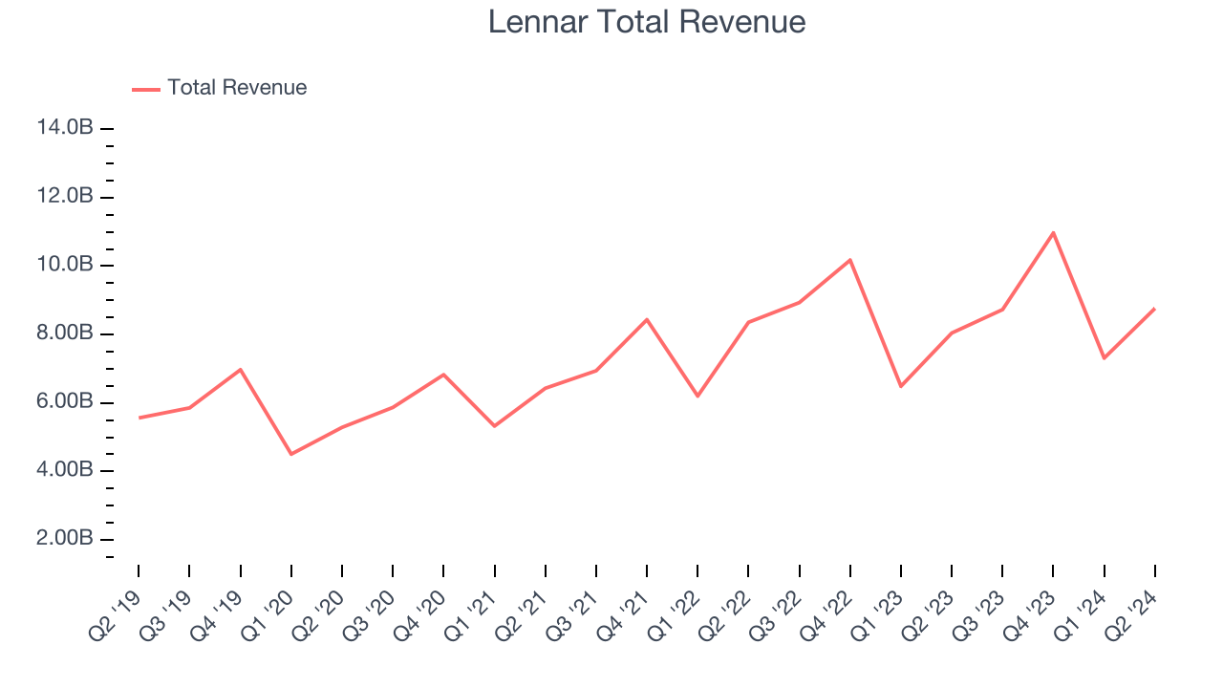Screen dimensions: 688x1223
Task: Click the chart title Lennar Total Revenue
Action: click(x=647, y=22)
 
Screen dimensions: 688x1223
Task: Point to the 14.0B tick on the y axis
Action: click(x=65, y=128)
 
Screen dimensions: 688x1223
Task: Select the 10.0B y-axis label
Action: click(x=65, y=265)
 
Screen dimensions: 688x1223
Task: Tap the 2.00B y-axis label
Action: click(x=65, y=539)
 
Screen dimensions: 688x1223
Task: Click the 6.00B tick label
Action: click(x=65, y=402)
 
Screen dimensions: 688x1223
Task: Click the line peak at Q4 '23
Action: click(x=1053, y=232)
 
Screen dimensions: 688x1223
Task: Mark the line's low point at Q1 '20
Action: click(x=290, y=454)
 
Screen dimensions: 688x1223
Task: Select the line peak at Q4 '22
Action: click(x=849, y=260)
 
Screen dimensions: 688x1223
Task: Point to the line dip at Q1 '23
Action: click(x=900, y=386)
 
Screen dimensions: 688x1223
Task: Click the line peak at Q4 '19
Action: click(x=240, y=369)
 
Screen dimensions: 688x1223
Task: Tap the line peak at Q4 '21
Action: click(x=647, y=319)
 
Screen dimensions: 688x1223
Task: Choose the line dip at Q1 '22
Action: click(x=697, y=396)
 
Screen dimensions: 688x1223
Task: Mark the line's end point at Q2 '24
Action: click(x=1154, y=309)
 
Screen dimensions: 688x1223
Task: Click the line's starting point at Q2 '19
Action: click(x=139, y=418)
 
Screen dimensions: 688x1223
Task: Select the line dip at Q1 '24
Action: click(x=1104, y=358)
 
